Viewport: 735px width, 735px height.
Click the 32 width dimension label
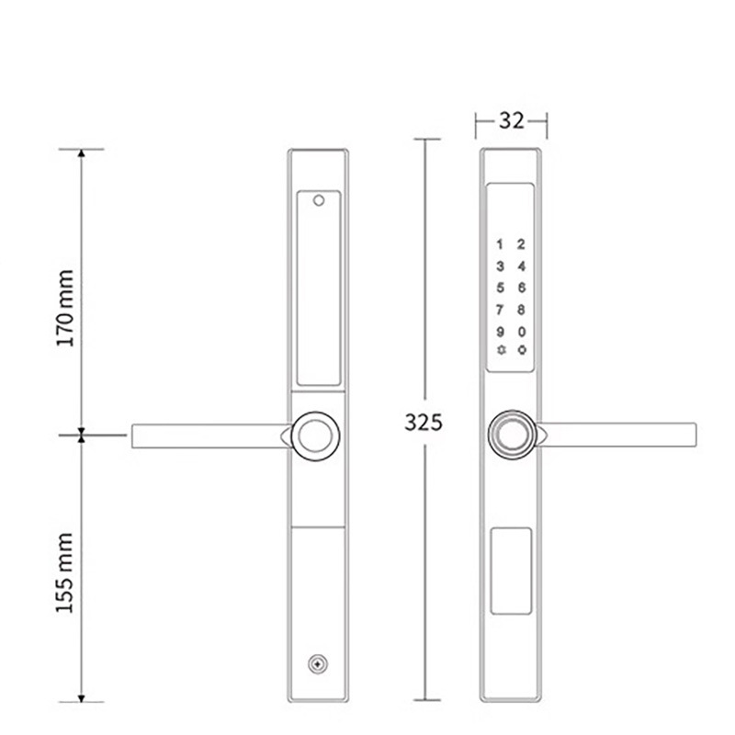pyautogui.click(x=512, y=119)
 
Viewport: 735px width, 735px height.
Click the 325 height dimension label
pyautogui.click(x=424, y=423)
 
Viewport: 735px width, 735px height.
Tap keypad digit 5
pyautogui.click(x=500, y=287)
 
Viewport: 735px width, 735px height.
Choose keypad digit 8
pyautogui.click(x=522, y=309)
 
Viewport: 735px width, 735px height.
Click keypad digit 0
pyautogui.click(x=522, y=331)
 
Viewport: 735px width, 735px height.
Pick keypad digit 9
pyautogui.click(x=500, y=331)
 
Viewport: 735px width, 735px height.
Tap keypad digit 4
pyautogui.click(x=522, y=266)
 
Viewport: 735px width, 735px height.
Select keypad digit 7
pyautogui.click(x=500, y=309)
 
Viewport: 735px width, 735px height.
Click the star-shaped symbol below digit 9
pyautogui.click(x=500, y=350)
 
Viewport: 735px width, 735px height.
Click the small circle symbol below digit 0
pyautogui.click(x=522, y=350)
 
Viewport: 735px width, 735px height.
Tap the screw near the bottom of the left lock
pyautogui.click(x=318, y=663)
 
